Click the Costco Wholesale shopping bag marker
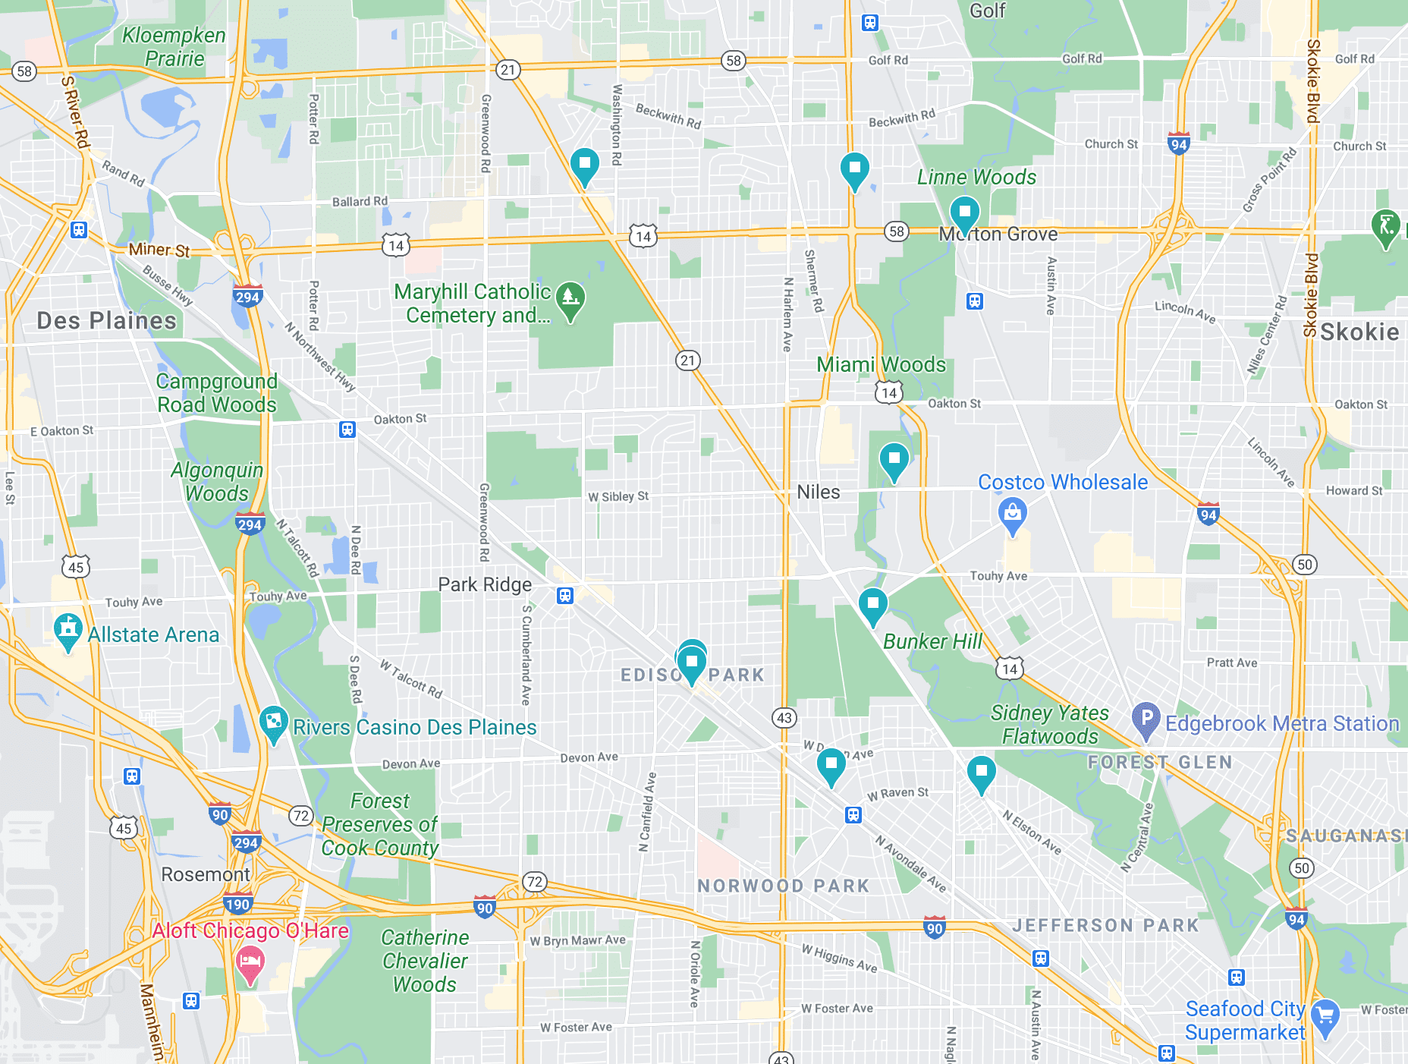tap(1012, 514)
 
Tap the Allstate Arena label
tap(153, 634)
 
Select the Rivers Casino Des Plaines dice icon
tap(273, 721)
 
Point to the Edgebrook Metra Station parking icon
tap(1146, 719)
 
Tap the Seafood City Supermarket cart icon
tap(1325, 1015)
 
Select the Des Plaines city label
tap(106, 320)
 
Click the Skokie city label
tap(1359, 332)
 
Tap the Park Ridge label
tap(485, 584)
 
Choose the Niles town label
tap(818, 492)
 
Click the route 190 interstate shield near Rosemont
tap(237, 904)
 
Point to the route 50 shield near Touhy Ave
tap(1304, 564)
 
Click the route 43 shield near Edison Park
tap(784, 717)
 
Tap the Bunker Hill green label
tap(932, 641)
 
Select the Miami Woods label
tap(881, 364)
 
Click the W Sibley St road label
tap(618, 496)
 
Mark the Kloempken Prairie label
tap(174, 47)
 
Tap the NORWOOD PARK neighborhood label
tap(783, 886)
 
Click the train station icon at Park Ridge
tap(565, 595)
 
